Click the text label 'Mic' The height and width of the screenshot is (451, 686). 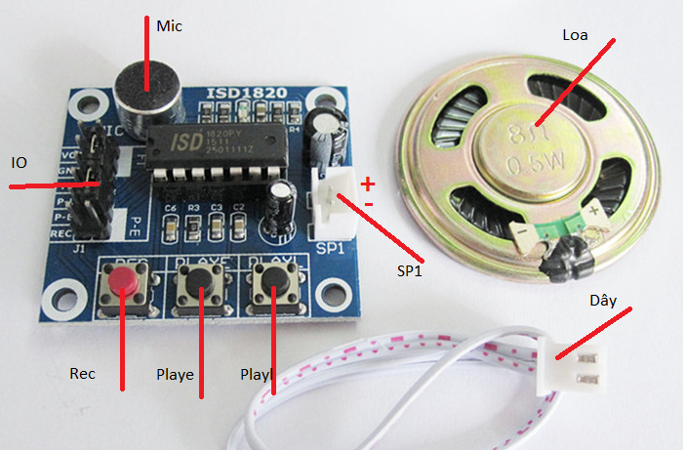click(x=169, y=26)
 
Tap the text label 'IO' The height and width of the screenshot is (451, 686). click(x=20, y=162)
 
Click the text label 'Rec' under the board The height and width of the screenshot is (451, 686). click(x=82, y=373)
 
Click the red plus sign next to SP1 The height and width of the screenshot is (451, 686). click(x=367, y=183)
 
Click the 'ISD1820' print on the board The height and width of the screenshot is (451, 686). click(x=246, y=95)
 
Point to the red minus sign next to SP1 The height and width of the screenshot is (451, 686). click(x=367, y=203)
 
